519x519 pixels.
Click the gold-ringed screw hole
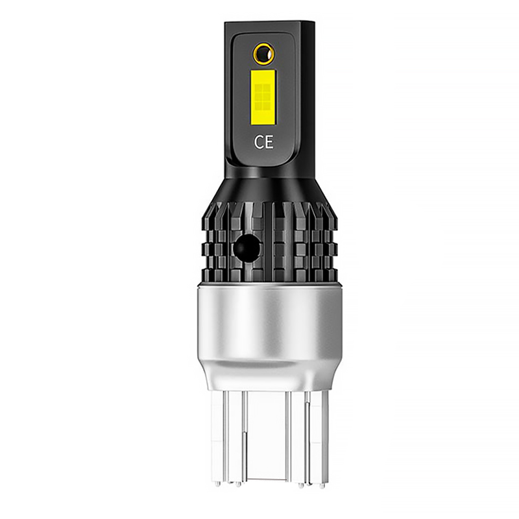(x=264, y=53)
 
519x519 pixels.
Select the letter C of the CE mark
(x=258, y=142)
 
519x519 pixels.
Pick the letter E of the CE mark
(x=269, y=142)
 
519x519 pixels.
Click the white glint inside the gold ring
(x=269, y=52)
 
